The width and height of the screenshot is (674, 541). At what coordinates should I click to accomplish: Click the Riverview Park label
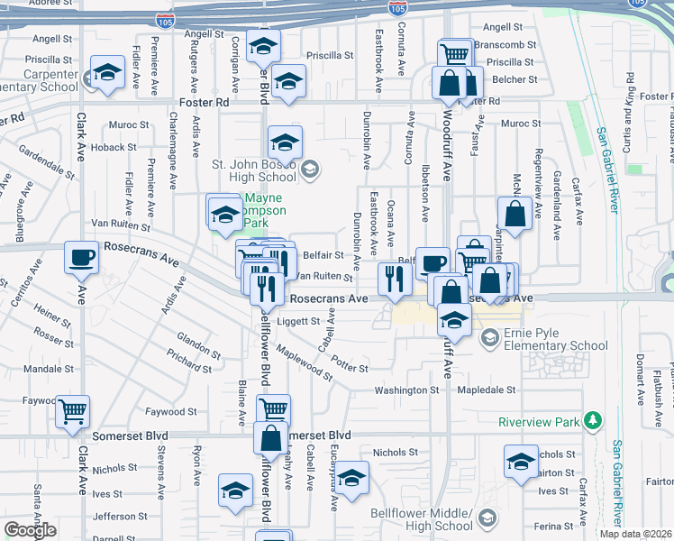click(539, 421)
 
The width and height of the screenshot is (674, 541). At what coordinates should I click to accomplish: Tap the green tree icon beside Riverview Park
click(593, 420)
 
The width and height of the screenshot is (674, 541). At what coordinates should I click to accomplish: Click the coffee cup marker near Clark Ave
click(81, 258)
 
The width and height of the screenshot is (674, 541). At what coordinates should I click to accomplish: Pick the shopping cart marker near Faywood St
click(72, 412)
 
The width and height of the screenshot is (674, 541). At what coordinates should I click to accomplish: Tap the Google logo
click(30, 530)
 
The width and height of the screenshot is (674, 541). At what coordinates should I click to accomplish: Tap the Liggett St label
click(298, 321)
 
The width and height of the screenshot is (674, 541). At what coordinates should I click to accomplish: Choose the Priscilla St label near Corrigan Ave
click(330, 55)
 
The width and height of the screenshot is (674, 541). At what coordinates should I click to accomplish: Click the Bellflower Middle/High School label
click(421, 519)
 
